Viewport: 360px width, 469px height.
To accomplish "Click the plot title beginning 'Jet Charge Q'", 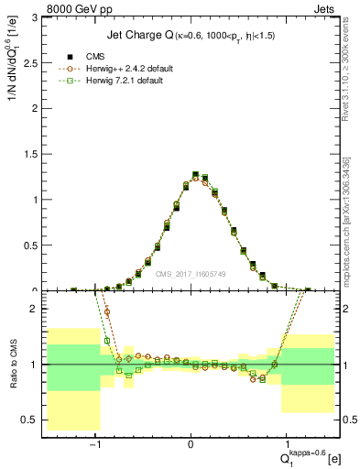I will (x=191, y=36).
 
